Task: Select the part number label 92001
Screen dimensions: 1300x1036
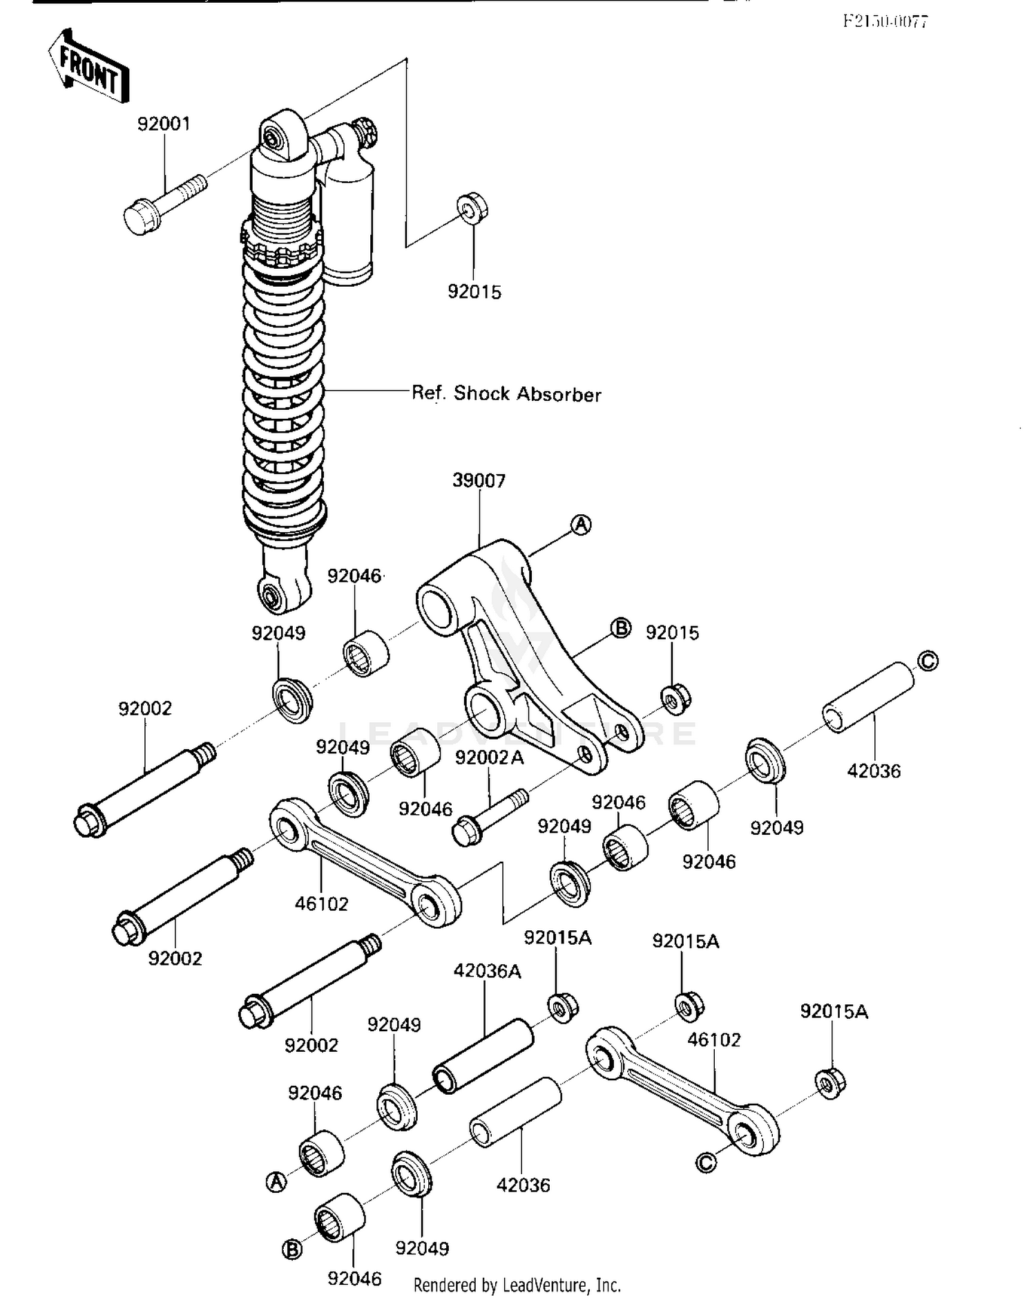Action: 164,124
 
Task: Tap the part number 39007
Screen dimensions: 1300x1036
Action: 479,480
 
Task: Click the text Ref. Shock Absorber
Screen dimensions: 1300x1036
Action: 506,394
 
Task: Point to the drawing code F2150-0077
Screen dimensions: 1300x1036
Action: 885,21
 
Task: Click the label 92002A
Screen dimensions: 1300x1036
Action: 489,758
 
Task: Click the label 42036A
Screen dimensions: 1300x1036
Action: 487,971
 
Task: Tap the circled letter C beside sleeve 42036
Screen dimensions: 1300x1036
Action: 928,661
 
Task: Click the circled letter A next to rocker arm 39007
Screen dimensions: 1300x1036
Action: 582,525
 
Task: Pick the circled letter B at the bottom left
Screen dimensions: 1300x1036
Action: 292,1250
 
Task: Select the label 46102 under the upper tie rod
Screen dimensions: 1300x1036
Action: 321,903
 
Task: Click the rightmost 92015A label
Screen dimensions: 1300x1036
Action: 834,1011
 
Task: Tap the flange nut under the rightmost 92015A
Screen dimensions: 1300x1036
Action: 831,1084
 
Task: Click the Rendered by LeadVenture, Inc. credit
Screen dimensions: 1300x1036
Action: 517,1285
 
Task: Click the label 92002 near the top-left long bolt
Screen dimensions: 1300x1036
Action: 145,708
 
